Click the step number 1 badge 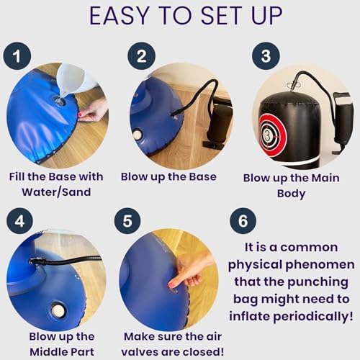pos(17,56)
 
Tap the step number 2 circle pos(142,56)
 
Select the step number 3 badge pos(266,56)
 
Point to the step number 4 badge pos(19,221)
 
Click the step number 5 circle pos(127,221)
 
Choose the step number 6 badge pos(243,221)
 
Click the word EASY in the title pos(119,16)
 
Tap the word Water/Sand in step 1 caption pos(56,192)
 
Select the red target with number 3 pos(273,135)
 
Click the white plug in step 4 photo pos(58,311)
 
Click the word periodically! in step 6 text pos(313,316)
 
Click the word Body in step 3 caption pos(291,194)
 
